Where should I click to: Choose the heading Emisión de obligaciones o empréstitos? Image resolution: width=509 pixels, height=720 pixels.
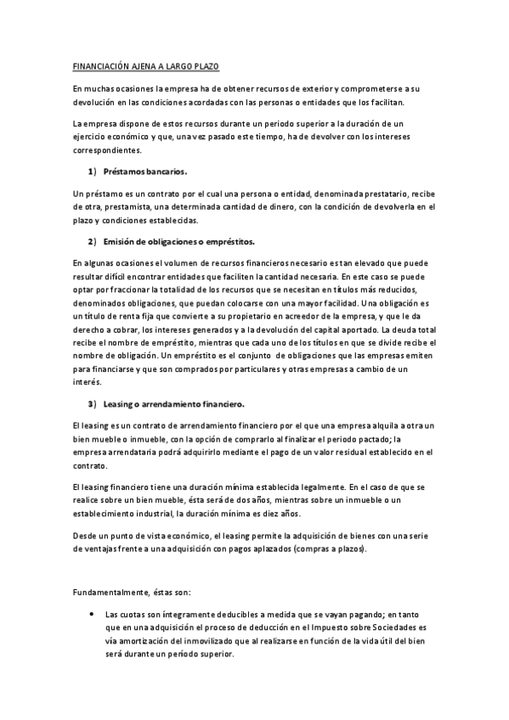(172, 242)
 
